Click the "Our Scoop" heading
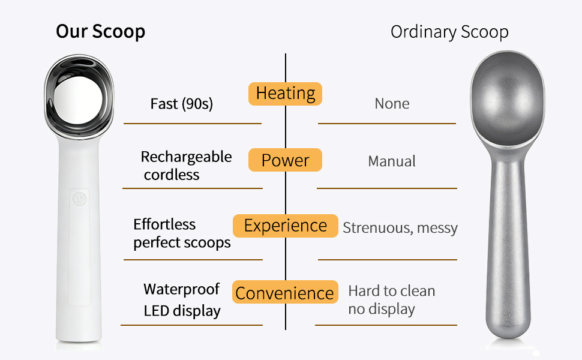pos(100,31)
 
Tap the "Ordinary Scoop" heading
pos(449,32)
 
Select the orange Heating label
pos(286,94)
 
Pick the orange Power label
pos(286,161)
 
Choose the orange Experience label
pos(286,226)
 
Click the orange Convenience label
pos(285,293)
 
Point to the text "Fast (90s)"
pos(181,104)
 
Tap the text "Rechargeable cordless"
pos(186,166)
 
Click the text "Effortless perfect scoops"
pos(182,233)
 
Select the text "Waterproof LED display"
pos(182,300)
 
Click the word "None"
pos(392,104)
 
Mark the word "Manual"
pos(392,161)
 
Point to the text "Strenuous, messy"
pos(400,228)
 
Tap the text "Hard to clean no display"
pos(391,300)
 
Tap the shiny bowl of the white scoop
pos(79,99)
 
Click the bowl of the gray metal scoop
pos(507,102)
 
